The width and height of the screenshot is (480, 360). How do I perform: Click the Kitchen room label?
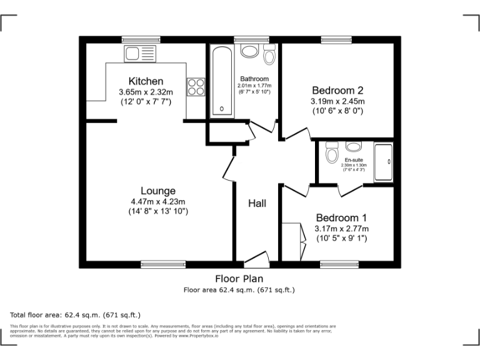point(146,81)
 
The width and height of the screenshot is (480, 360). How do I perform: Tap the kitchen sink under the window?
point(135,54)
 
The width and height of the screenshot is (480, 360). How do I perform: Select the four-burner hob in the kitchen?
point(196,86)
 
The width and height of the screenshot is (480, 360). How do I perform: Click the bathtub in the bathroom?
point(221,81)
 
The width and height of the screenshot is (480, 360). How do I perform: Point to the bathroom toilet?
point(269,56)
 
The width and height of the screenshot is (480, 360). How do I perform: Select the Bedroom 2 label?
point(337,89)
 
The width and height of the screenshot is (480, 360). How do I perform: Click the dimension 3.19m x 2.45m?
point(337,101)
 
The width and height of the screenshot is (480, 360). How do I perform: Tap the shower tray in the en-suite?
point(383,162)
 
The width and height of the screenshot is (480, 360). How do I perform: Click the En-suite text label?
point(354,160)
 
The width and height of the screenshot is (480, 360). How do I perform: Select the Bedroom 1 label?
point(341,217)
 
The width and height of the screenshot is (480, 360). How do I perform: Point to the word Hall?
point(257,204)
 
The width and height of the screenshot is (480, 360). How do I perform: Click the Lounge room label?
point(157,191)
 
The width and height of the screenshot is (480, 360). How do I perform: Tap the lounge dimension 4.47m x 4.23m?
point(157,201)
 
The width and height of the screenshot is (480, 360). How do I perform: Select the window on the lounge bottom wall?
point(162,264)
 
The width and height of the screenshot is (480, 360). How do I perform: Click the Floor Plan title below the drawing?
point(239,279)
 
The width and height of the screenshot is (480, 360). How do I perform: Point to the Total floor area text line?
point(76,315)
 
